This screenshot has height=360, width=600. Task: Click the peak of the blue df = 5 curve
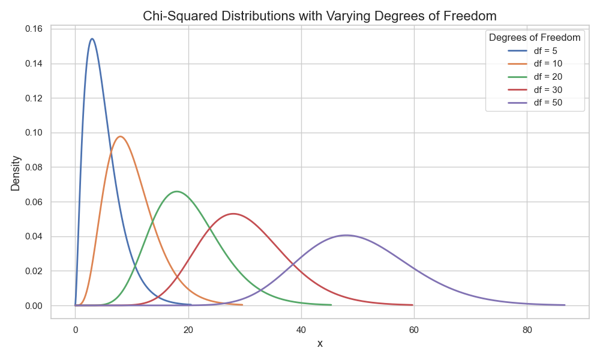pyautogui.click(x=92, y=39)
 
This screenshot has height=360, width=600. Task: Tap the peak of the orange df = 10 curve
pyautogui.click(x=121, y=136)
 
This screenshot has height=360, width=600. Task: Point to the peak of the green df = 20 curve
pyautogui.click(x=176, y=191)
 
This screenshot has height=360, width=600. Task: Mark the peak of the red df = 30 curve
pyautogui.click(x=233, y=214)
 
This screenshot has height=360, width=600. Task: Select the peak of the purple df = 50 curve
pyautogui.click(x=346, y=235)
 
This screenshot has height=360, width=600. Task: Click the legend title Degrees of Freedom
pyautogui.click(x=535, y=37)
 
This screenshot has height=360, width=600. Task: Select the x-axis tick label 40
pyautogui.click(x=301, y=329)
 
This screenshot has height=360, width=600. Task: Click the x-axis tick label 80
pyautogui.click(x=527, y=329)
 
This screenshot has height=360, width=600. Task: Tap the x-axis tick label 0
pyautogui.click(x=75, y=329)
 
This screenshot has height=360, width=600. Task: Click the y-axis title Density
pyautogui.click(x=16, y=173)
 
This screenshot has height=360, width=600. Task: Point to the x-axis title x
pyautogui.click(x=320, y=344)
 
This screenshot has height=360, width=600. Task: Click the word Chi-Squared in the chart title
pyautogui.click(x=176, y=16)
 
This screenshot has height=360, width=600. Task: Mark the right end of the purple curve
pyautogui.click(x=565, y=305)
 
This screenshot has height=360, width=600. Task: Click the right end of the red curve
pyautogui.click(x=413, y=305)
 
